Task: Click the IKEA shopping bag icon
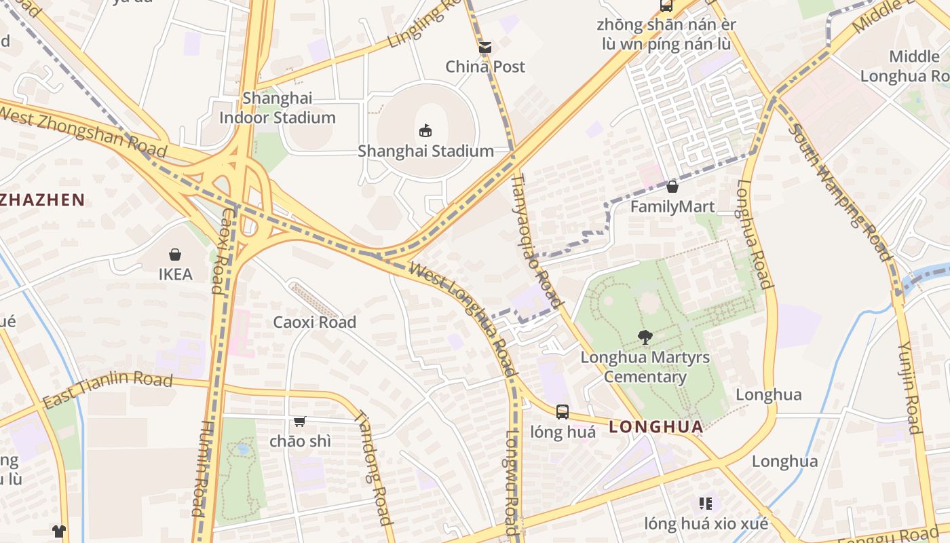175,255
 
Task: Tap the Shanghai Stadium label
425,151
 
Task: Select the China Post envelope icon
484,48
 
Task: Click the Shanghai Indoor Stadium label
278,108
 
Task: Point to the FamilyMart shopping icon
672,187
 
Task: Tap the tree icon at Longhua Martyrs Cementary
645,337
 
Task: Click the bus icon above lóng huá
563,411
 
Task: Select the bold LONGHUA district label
655,427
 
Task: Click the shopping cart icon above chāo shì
300,422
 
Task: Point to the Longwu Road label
512,479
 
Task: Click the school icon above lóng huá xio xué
705,504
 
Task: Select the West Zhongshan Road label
83,129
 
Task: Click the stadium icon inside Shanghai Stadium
425,130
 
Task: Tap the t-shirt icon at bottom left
59,531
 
